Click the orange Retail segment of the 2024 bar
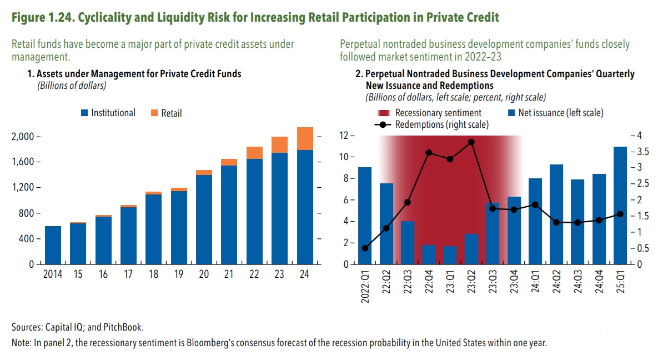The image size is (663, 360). [x=305, y=139]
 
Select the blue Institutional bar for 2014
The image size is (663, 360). [x=53, y=245]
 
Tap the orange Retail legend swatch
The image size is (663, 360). [x=154, y=113]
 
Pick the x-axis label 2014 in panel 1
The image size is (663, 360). [x=52, y=274]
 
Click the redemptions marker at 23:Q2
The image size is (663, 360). [x=471, y=142]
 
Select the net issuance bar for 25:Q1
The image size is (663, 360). [x=620, y=206]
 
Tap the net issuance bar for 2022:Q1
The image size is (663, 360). [x=365, y=216]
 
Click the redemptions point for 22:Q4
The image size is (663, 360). [x=429, y=152]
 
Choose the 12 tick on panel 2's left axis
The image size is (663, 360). [x=348, y=136]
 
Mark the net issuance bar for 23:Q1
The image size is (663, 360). [x=450, y=255]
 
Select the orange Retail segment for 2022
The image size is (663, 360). [x=255, y=153]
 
